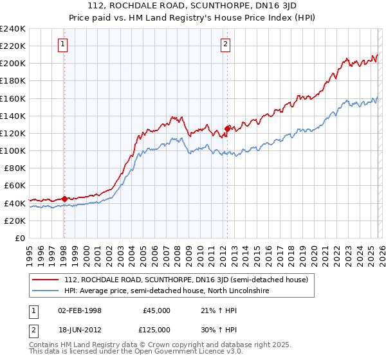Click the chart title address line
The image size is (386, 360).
tap(193, 7)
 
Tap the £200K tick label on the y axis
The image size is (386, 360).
tap(12, 64)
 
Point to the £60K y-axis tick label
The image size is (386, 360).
tap(14, 186)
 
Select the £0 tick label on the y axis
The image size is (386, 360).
tap(20, 238)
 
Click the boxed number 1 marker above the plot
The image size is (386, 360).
tap(63, 44)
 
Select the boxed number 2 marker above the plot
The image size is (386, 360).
tap(226, 44)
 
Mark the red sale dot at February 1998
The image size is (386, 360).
tap(64, 199)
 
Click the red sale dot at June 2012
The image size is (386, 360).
tap(227, 128)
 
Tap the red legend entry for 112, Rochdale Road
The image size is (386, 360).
tap(187, 280)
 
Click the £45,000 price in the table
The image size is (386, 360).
tap(156, 310)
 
